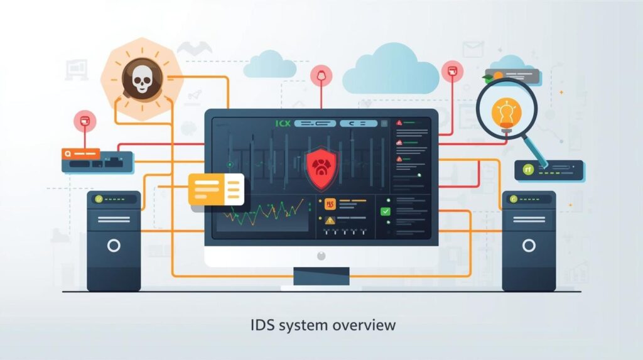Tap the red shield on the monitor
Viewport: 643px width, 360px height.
click(320, 167)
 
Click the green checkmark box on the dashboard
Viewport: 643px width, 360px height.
click(385, 211)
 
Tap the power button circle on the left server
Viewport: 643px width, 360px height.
click(114, 245)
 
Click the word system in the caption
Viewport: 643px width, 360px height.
click(308, 325)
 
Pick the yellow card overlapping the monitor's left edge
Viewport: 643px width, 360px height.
click(215, 187)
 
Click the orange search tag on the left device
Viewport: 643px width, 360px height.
click(80, 153)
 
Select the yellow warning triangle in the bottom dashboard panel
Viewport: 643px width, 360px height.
click(329, 220)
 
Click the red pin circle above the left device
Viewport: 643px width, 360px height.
click(84, 121)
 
